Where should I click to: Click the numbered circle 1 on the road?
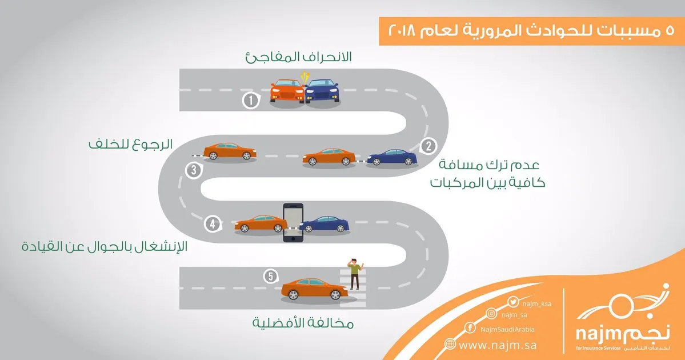click(x=250, y=101)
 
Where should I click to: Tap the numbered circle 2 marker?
click(x=428, y=146)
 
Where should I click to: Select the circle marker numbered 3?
click(x=194, y=170)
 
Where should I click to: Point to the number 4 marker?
click(x=213, y=224)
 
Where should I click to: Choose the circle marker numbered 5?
click(x=271, y=276)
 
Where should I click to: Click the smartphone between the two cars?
click(x=294, y=222)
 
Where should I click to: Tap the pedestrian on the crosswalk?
click(x=355, y=273)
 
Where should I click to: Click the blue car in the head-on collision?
click(x=322, y=90)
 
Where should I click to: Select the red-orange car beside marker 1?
click(x=287, y=90)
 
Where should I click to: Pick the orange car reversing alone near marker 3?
click(x=230, y=151)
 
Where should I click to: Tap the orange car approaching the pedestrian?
click(x=315, y=289)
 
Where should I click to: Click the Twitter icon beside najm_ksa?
click(x=513, y=302)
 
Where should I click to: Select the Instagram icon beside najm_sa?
click(x=492, y=314)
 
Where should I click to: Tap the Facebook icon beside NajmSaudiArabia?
click(x=470, y=327)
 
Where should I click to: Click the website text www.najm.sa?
click(x=497, y=345)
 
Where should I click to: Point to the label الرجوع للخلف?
click(x=131, y=144)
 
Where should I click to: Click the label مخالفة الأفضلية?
click(x=303, y=324)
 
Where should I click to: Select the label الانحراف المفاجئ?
click(x=298, y=57)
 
